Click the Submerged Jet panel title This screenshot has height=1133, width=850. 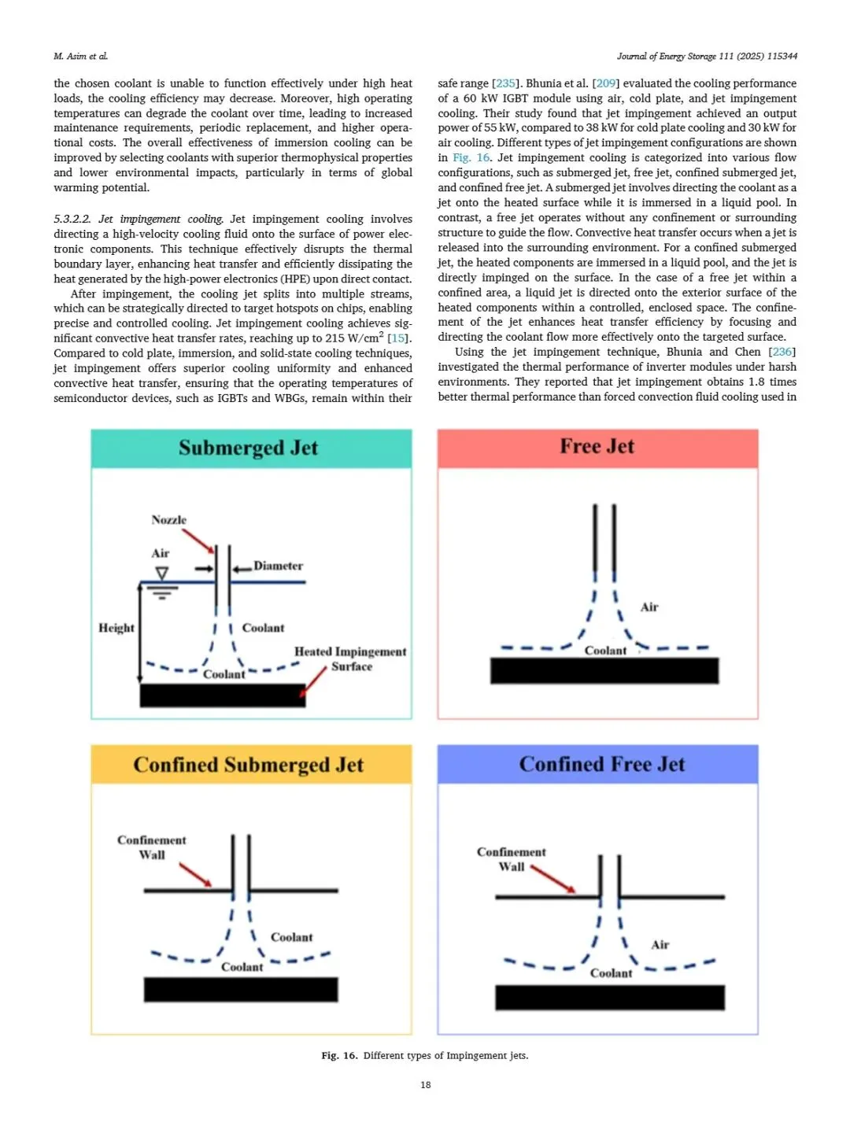tap(248, 448)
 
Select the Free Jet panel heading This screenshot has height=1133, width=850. tap(597, 446)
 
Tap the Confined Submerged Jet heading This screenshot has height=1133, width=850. tap(248, 765)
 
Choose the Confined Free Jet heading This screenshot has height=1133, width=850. tap(601, 764)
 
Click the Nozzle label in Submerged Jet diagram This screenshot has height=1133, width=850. tap(168, 520)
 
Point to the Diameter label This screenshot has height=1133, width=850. tap(278, 566)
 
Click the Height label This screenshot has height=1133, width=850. tap(116, 628)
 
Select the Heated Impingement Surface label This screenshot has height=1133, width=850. tap(350, 659)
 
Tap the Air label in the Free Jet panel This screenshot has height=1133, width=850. tap(649, 607)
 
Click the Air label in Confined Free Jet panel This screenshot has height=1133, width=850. tap(660, 945)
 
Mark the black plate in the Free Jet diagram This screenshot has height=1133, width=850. tap(604, 670)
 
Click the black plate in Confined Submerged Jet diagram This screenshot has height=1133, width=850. tap(240, 989)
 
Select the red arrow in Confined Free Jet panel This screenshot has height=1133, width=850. tap(553, 879)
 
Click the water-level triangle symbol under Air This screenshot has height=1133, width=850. tap(161, 573)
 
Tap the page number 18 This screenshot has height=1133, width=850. tap(425, 1085)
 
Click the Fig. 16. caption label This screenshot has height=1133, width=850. tap(339, 1056)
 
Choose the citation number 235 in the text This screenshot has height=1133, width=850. tap(505, 83)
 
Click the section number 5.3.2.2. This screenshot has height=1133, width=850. tap(72, 219)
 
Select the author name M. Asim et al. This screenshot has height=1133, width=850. tap(80, 56)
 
